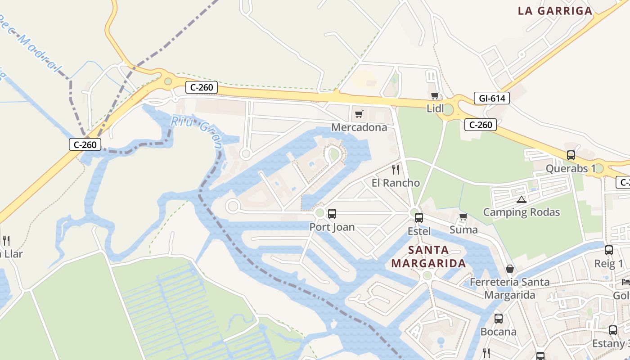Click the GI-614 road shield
(491, 98)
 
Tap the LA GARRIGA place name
(555, 11)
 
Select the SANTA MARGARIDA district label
(428, 256)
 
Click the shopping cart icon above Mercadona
(359, 114)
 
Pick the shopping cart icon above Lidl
(435, 95)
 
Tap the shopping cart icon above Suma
(463, 217)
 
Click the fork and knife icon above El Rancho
(396, 170)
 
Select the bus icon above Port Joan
(332, 214)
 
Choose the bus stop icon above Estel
(419, 218)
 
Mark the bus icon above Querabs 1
(571, 155)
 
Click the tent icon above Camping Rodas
(522, 199)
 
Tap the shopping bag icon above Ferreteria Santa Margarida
(510, 269)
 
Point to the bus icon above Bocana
(499, 319)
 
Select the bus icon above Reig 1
(609, 250)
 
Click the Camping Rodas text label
(522, 212)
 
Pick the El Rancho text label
(396, 183)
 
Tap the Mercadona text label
(359, 127)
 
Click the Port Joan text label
(332, 227)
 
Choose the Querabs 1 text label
(571, 169)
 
